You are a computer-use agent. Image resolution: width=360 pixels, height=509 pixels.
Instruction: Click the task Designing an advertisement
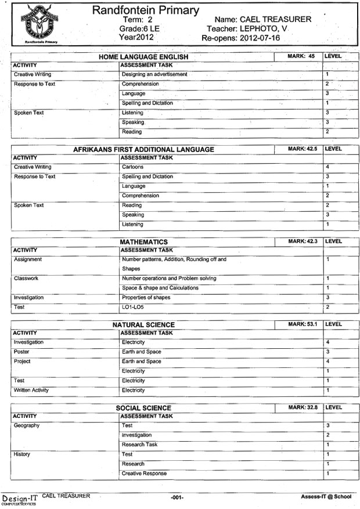tap(154, 74)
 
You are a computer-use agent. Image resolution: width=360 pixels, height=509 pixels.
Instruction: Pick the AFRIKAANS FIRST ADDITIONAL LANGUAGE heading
tap(143, 149)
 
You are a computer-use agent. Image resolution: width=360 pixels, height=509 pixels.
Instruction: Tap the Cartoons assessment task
tap(132, 167)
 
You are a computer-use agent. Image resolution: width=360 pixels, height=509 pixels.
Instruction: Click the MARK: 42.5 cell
tap(302, 149)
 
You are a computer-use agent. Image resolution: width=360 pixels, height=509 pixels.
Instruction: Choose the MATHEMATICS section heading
tap(143, 241)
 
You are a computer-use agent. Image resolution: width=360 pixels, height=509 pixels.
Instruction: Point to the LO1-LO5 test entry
tap(132, 307)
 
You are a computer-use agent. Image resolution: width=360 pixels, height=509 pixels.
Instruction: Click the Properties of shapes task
tap(146, 298)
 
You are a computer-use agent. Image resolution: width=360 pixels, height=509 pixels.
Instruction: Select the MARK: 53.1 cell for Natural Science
tap(302, 324)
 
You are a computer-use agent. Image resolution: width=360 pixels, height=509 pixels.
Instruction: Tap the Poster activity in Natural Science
tap(21, 352)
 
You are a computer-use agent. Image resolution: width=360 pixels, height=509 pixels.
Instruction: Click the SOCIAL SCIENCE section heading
tap(143, 408)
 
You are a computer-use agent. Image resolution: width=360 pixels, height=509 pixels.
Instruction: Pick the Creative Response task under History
tap(144, 474)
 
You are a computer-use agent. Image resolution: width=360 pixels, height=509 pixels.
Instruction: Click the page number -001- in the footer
tap(177, 498)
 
